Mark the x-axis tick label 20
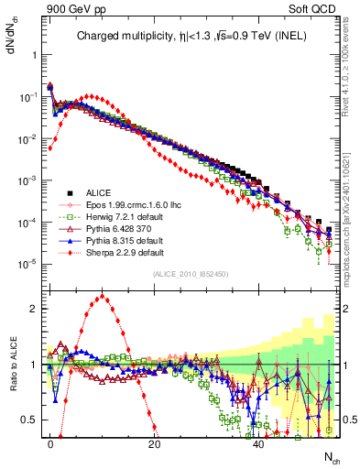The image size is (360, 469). [155, 443]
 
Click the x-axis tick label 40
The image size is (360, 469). [259, 443]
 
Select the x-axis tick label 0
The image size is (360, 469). [50, 443]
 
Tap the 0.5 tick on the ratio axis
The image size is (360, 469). [30, 420]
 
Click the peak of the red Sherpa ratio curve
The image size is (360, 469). [103, 296]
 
